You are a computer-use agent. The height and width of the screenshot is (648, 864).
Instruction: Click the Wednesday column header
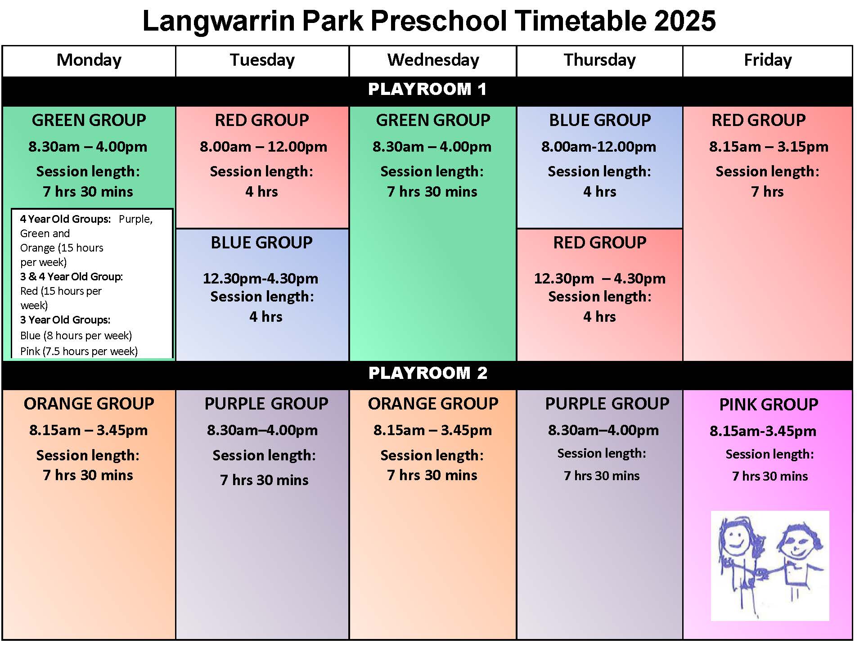[x=433, y=60]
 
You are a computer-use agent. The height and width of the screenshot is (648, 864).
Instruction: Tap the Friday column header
[x=768, y=60]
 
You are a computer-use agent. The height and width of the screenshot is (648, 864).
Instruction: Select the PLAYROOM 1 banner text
[x=427, y=89]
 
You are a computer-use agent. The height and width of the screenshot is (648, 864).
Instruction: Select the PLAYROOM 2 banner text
[x=427, y=373]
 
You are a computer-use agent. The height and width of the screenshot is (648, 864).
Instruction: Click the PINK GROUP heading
[x=769, y=405]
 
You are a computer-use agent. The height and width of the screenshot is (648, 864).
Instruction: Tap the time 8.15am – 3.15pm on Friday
[x=769, y=147]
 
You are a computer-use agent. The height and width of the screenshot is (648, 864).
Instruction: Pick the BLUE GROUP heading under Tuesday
[x=261, y=243]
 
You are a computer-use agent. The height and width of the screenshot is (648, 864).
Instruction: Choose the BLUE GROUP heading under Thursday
[x=600, y=120]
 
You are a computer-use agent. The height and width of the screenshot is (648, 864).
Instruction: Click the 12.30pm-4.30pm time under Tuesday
[x=261, y=279]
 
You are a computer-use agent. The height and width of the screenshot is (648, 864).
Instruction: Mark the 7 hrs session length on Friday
[x=767, y=192]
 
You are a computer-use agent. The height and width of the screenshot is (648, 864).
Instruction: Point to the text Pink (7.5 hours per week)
[x=79, y=351]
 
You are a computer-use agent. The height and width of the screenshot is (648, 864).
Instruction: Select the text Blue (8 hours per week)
[x=76, y=335]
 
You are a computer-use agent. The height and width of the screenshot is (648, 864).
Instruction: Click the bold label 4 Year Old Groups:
[x=65, y=219]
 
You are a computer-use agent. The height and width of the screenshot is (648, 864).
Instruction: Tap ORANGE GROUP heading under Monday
[x=89, y=404]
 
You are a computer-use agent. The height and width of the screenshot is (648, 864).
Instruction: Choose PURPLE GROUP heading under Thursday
[x=607, y=404]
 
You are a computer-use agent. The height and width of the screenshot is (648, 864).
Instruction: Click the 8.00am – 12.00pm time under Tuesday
[x=263, y=147]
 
